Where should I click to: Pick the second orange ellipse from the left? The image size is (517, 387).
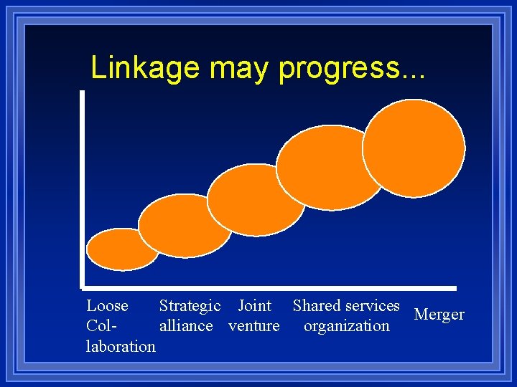coord(185,225)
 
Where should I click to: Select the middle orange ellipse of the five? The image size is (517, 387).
coord(256,199)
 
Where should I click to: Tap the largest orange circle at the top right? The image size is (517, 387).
coord(414,148)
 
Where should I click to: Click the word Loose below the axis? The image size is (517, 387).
coord(107,305)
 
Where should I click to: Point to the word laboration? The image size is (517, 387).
coord(120,346)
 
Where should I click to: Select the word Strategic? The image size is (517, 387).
coord(190,306)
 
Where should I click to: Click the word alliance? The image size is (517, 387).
coord(186,325)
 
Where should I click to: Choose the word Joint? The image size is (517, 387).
coord(254,305)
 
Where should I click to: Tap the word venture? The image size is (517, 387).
coord(253,326)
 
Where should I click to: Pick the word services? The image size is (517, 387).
coord(372,305)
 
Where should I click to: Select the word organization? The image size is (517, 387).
coord(346,326)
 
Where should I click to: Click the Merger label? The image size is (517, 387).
coord(439,315)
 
